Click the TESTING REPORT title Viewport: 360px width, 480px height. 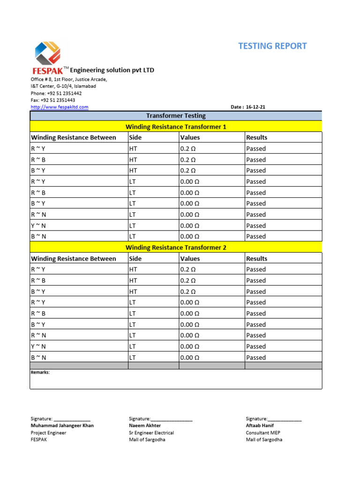[272, 46]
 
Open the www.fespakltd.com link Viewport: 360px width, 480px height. [60, 107]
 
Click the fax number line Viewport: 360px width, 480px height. [53, 100]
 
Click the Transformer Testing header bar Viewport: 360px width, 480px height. [176, 116]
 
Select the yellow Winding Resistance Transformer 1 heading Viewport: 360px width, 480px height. [176, 127]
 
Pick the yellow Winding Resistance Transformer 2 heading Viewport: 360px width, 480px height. [176, 247]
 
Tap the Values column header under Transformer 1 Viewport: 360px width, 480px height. [190, 137]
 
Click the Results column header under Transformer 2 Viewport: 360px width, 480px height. [256, 259]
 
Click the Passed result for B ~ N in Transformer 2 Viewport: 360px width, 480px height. [256, 358]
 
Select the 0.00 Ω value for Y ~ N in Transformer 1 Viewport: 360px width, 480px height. [189, 225]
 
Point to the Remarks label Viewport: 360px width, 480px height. [40, 372]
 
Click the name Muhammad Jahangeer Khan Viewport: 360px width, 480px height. [62, 426]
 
